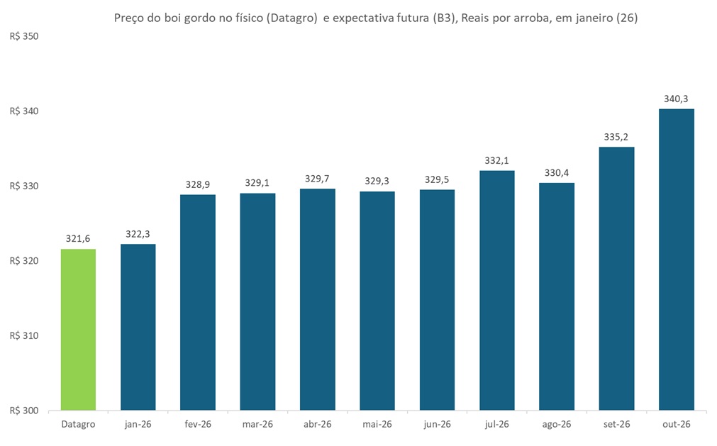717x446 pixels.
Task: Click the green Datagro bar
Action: click(78, 330)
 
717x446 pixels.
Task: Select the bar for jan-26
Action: click(138, 327)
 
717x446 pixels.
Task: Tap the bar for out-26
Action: click(676, 260)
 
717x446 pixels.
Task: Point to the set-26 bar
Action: click(616, 279)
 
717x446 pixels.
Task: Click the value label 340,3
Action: click(676, 99)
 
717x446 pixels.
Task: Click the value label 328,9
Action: click(198, 184)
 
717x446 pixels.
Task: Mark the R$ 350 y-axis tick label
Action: click(23, 36)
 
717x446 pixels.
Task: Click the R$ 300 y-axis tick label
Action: click(23, 411)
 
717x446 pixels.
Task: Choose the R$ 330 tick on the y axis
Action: click(23, 186)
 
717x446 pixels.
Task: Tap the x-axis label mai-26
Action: click(377, 424)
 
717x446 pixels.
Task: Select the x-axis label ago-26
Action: click(556, 424)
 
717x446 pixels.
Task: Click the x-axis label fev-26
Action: click(198, 424)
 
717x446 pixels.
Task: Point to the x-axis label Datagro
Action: click(78, 424)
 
